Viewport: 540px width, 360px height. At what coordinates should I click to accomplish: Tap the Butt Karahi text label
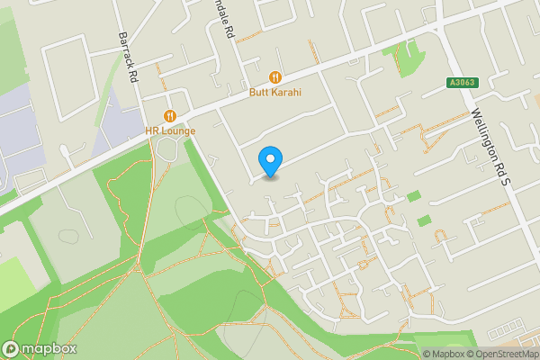point(275,92)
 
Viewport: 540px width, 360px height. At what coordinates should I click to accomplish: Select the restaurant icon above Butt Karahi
point(275,76)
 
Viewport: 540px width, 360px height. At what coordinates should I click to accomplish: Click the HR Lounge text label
point(170,130)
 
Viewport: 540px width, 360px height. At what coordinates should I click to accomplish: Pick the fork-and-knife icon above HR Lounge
point(169,115)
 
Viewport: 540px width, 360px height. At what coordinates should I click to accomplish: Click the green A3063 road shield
point(460,83)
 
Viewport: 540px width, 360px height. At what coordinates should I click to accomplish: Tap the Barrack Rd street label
point(126,59)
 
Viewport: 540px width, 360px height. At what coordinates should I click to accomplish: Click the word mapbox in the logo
point(49,349)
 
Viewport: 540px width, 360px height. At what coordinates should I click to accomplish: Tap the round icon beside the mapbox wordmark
point(11,349)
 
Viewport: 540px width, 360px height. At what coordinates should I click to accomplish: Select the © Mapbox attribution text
point(447,354)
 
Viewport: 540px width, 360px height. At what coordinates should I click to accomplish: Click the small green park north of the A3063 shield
point(409,58)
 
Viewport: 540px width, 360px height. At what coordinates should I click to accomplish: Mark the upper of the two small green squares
point(413,196)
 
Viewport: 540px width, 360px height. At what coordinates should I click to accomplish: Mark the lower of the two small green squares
point(424,220)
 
